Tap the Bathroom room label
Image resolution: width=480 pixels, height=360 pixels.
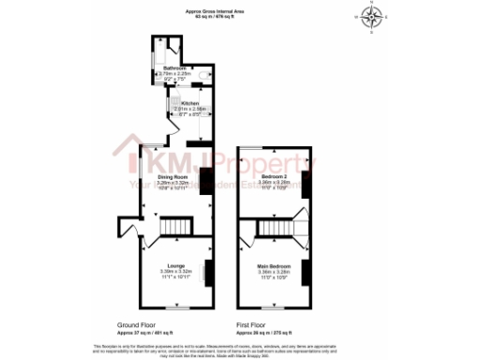tap(175, 68)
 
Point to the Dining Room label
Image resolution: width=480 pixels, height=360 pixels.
tap(173, 177)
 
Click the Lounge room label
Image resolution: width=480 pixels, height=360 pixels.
tap(175, 266)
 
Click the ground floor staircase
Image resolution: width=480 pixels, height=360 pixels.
tap(173, 228)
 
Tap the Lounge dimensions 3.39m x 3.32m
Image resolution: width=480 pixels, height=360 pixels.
tap(175, 273)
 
